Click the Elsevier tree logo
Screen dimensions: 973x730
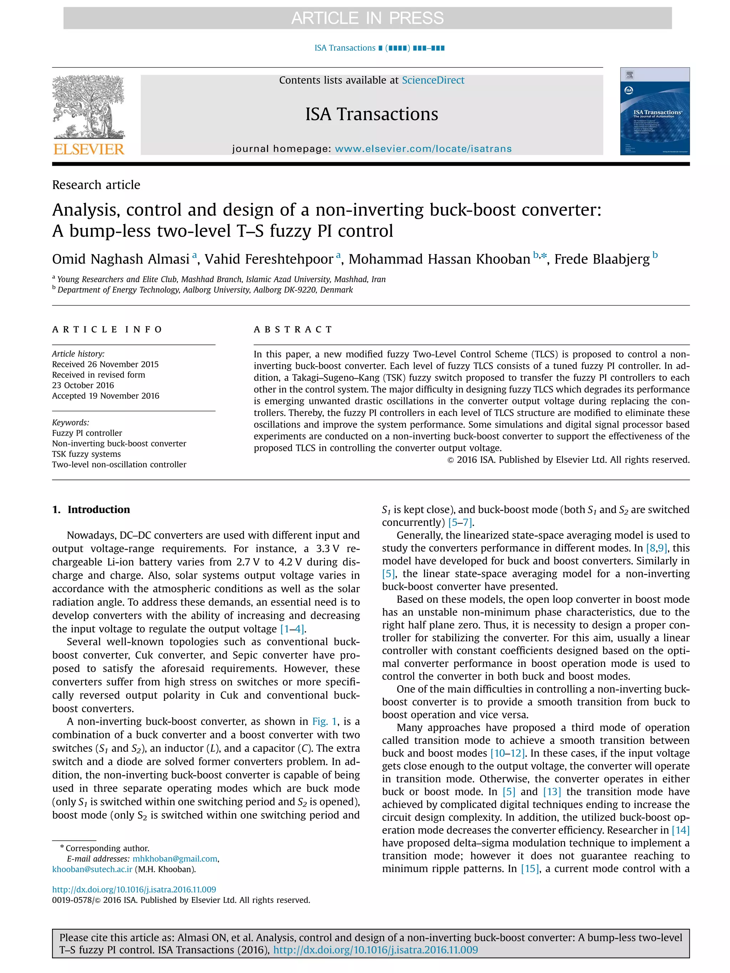(88, 107)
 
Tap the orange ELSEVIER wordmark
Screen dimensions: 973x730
(88, 149)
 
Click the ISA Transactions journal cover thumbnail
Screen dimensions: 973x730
(654, 111)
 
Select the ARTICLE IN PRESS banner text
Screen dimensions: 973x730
(367, 18)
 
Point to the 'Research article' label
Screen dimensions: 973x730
(96, 185)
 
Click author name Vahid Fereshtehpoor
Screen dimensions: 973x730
(268, 259)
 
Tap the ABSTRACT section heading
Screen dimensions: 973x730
(293, 330)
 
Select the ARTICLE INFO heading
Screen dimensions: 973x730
(107, 330)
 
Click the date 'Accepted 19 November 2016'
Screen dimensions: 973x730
(106, 395)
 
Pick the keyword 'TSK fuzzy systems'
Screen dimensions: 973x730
(86, 454)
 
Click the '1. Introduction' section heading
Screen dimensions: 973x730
(91, 509)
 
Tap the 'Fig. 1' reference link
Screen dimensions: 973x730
(324, 721)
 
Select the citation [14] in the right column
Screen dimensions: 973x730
(680, 830)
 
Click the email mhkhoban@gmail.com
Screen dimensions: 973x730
(175, 859)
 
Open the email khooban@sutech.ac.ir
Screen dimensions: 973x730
(92, 869)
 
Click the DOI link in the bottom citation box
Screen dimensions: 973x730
(375, 950)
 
